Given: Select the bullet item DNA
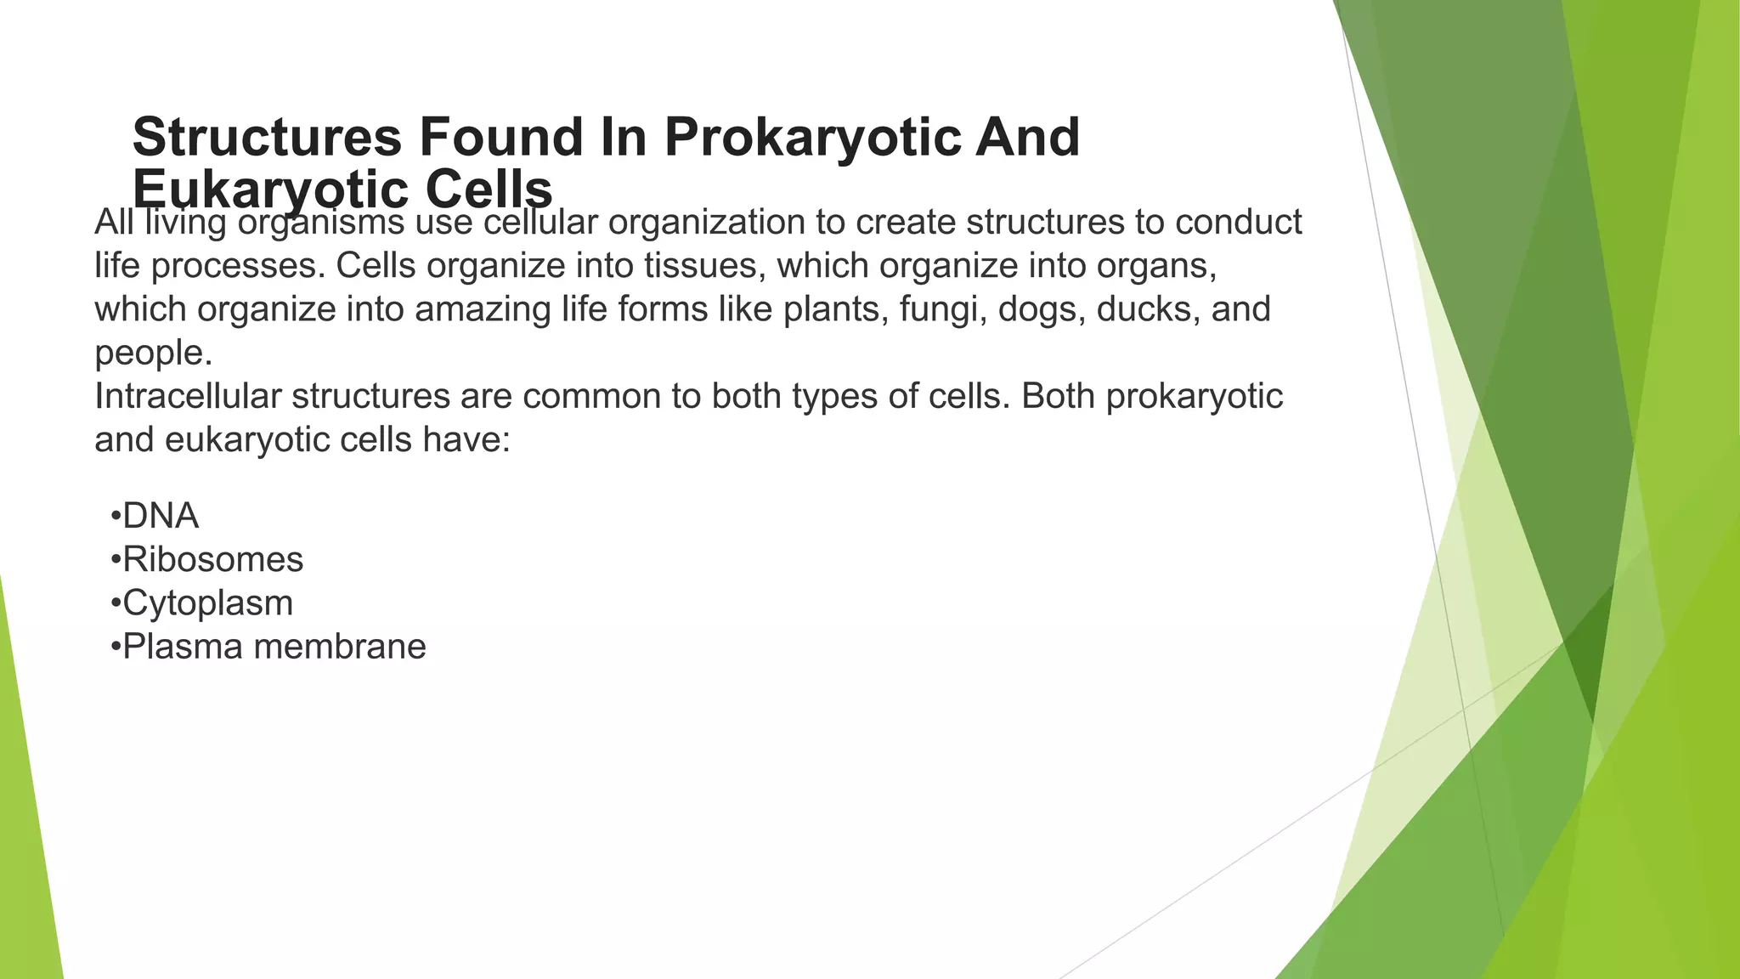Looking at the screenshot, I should click(x=160, y=516).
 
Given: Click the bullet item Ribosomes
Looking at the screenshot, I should click(x=212, y=559).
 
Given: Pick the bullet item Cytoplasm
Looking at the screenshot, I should click(x=207, y=603).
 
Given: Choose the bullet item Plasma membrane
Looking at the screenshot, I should click(x=274, y=647).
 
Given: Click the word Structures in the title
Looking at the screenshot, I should click(x=267, y=138).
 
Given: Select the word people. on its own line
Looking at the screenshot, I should click(x=153, y=353).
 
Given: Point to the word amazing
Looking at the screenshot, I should click(x=483, y=309).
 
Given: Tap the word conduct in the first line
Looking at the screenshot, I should click(x=1238, y=223).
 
